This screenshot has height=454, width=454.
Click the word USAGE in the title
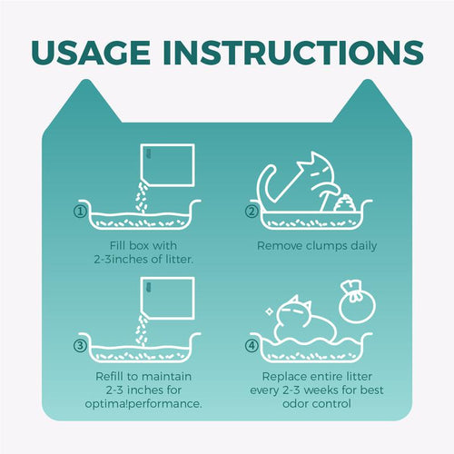click(91, 52)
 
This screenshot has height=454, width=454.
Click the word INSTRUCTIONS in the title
click(293, 52)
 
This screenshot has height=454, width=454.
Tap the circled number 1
click(80, 212)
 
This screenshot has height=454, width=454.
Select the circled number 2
click(252, 212)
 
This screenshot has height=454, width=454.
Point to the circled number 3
click(80, 345)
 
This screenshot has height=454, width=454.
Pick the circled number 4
click(252, 345)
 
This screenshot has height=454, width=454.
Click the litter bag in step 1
click(167, 165)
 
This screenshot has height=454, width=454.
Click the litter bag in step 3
click(167, 298)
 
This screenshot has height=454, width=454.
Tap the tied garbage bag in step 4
click(357, 302)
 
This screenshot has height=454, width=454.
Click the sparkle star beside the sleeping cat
click(269, 311)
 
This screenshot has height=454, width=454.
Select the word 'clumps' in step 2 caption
click(327, 246)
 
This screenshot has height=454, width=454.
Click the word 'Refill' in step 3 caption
click(110, 376)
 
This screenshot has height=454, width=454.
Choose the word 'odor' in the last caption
click(295, 403)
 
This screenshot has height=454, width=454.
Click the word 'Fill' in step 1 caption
click(117, 245)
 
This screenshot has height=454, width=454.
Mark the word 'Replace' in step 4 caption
click(281, 376)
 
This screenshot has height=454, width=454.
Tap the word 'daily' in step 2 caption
click(364, 246)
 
